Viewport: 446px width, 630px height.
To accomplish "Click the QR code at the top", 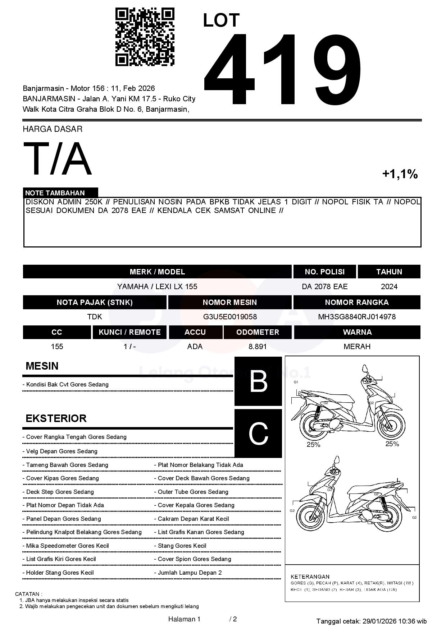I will [145, 37].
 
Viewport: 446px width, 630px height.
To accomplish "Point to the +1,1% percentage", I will [400, 174].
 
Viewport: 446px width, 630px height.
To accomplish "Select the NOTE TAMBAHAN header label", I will [55, 193].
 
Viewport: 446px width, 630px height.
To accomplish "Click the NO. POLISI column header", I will [324, 272].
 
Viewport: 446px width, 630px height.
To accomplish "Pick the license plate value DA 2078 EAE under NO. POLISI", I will [324, 287].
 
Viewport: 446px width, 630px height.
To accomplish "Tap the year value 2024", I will [389, 287].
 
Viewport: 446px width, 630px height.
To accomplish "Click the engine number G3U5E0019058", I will [230, 317].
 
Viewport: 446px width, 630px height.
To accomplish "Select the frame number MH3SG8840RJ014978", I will [356, 317].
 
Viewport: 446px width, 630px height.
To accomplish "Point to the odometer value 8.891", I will [258, 347].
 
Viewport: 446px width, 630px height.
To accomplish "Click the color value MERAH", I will [357, 347].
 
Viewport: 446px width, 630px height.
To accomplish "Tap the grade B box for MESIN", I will [258, 381].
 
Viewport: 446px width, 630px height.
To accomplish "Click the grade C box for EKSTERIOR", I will [258, 434].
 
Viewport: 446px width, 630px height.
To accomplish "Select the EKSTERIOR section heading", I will [56, 418].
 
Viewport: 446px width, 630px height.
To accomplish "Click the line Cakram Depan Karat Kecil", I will [193, 519].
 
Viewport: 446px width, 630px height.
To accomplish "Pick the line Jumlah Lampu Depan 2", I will [190, 573].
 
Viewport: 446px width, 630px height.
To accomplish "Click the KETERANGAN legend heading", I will [310, 576].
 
